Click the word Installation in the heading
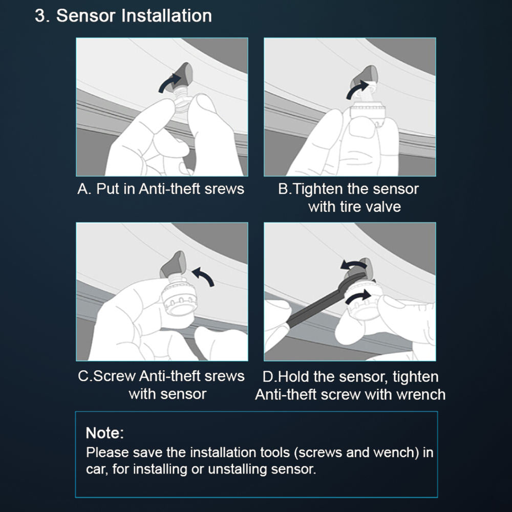166,16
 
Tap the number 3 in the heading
40,16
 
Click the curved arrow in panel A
170,83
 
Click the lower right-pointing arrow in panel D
358,297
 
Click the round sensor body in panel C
179,298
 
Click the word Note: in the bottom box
105,433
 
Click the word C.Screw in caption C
107,376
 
